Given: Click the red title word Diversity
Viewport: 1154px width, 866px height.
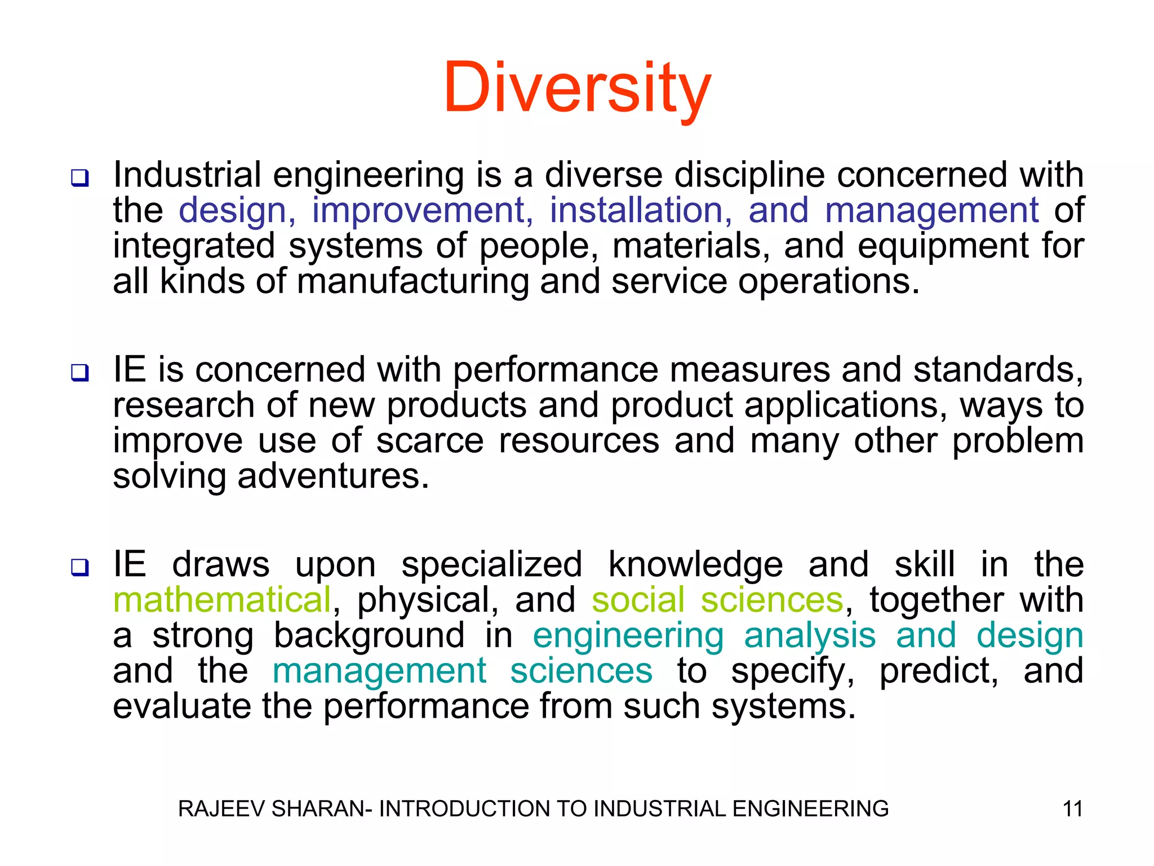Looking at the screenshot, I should (x=577, y=89).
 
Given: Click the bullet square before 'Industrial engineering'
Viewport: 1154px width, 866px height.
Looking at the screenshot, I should (x=79, y=178).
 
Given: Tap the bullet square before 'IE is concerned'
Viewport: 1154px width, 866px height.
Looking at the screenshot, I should (x=79, y=373).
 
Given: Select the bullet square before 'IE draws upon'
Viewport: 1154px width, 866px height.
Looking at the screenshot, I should (x=79, y=567).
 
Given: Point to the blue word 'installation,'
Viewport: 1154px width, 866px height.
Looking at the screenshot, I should (x=641, y=210).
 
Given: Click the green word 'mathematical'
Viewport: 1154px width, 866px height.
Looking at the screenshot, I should (x=222, y=599).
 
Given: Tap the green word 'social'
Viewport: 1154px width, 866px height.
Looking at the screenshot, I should (x=638, y=599).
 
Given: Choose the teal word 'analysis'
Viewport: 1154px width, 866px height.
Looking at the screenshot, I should (x=810, y=636).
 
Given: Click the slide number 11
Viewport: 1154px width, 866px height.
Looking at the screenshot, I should (x=1072, y=809).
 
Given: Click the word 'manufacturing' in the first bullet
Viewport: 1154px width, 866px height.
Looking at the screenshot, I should (x=412, y=281).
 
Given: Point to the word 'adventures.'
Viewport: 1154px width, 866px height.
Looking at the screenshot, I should (x=333, y=476).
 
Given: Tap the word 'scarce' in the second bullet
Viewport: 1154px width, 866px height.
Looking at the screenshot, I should (x=429, y=440).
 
